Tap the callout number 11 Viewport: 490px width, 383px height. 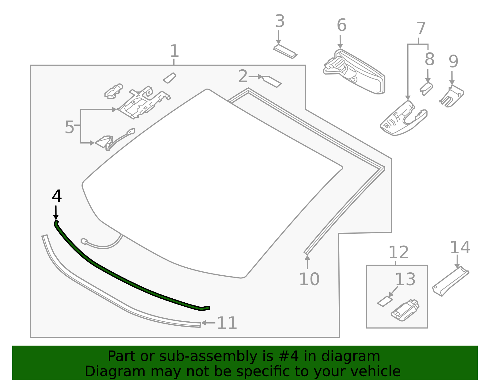[227, 323]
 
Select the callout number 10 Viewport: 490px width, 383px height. [309, 279]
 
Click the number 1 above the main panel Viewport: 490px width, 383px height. [174, 51]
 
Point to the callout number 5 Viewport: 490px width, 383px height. [69, 127]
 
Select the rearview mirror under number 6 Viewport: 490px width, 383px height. [355, 72]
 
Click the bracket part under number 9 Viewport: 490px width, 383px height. [452, 96]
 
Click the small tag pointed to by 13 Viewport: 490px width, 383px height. [385, 301]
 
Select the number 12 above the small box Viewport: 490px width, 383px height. [398, 253]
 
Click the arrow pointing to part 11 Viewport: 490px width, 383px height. [208, 323]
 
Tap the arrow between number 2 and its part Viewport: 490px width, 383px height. [256, 76]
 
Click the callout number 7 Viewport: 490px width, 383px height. [421, 29]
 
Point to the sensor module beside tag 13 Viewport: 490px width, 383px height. [405, 310]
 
